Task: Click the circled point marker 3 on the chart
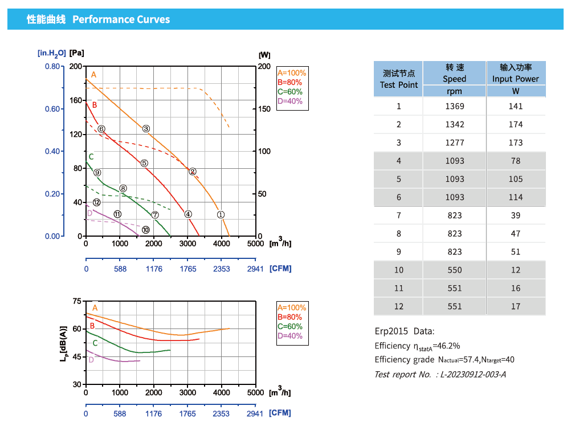pos(146,129)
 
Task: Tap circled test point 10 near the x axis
pos(146,230)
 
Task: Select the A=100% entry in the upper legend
pos(292,73)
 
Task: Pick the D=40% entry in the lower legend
pos(290,336)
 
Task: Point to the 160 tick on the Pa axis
pos(76,100)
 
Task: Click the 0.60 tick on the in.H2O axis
pos(53,109)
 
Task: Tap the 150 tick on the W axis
pos(264,109)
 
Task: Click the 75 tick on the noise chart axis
pos(78,301)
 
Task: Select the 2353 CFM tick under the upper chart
pos(222,269)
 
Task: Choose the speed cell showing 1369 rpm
pos(455,106)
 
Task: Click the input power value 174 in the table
pos(516,124)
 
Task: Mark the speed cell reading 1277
pos(455,143)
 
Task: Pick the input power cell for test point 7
pos(516,216)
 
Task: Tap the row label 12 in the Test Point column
pos(399,307)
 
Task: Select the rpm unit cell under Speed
pos(455,91)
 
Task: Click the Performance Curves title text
pos(121,19)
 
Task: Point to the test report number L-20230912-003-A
pos(473,374)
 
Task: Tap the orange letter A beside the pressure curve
pos(94,75)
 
